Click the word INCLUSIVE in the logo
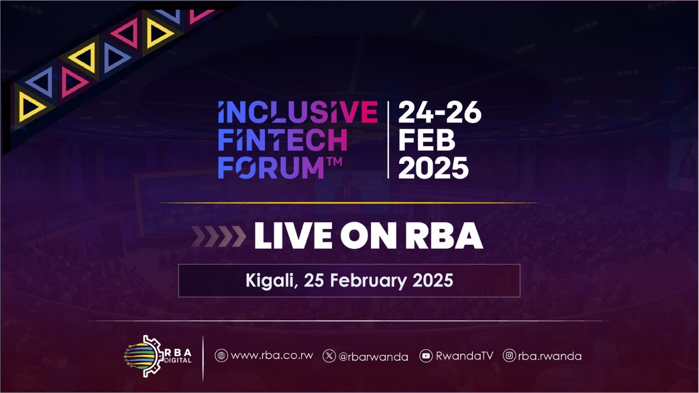[298, 112]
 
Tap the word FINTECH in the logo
[282, 140]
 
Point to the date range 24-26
[440, 113]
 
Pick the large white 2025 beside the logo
[433, 168]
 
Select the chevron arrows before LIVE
[219, 236]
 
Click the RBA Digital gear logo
[144, 356]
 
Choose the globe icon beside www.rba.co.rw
[221, 356]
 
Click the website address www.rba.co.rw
[272, 356]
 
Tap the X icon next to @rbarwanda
[329, 356]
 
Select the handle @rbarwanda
[373, 356]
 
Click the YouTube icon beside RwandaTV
[426, 356]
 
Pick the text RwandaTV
[464, 356]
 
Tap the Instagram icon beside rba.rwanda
[510, 356]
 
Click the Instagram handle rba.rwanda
[549, 356]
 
